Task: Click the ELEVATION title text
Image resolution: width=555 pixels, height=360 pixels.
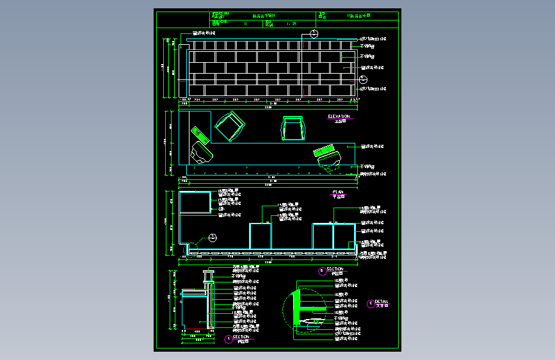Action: pos(339,117)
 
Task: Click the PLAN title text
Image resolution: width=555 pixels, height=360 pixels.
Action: pos(338,192)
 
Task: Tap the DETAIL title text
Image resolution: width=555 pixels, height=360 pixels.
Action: pos(382,301)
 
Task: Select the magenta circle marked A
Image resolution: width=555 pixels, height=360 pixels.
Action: pos(229,340)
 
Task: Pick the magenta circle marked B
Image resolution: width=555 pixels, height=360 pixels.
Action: pos(322,271)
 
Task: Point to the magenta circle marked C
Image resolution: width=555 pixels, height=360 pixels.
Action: pos(371,304)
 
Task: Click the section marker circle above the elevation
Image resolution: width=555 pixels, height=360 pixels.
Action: pos(314,34)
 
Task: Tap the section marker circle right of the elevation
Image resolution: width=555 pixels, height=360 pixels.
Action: pos(363,79)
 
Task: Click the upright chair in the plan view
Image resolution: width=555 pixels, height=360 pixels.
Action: pos(292,127)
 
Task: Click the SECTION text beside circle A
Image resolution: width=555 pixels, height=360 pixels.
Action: pos(241,337)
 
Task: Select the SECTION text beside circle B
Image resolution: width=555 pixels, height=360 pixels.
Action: pos(335,269)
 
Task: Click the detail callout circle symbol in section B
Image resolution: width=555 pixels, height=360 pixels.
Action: pos(213,238)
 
